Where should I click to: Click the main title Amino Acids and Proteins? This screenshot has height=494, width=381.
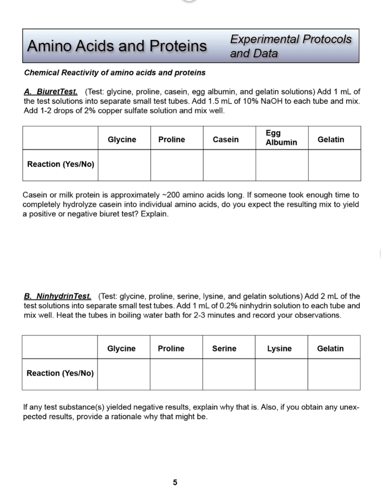tap(116, 46)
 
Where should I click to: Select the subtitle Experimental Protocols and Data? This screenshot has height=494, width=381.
tap(290, 46)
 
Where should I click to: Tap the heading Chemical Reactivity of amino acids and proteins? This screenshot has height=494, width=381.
tap(114, 73)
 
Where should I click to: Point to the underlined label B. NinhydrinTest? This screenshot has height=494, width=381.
tap(57, 296)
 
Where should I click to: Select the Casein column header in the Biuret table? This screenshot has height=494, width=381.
tap(226, 139)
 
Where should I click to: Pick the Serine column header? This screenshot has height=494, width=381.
tap(224, 348)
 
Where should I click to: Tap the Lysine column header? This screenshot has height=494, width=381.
tap(280, 348)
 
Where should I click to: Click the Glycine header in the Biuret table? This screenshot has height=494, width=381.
tap(122, 139)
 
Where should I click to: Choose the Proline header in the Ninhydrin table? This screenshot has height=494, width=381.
tap(171, 348)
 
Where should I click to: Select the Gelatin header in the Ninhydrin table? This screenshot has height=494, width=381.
tap(330, 348)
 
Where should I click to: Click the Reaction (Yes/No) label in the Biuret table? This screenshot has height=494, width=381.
tap(61, 164)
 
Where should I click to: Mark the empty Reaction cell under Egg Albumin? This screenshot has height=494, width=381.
tap(282, 165)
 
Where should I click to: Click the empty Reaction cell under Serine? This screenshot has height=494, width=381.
tap(228, 374)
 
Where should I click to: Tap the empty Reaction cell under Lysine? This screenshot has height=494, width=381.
tap(281, 374)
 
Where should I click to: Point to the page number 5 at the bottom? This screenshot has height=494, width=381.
tap(175, 482)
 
